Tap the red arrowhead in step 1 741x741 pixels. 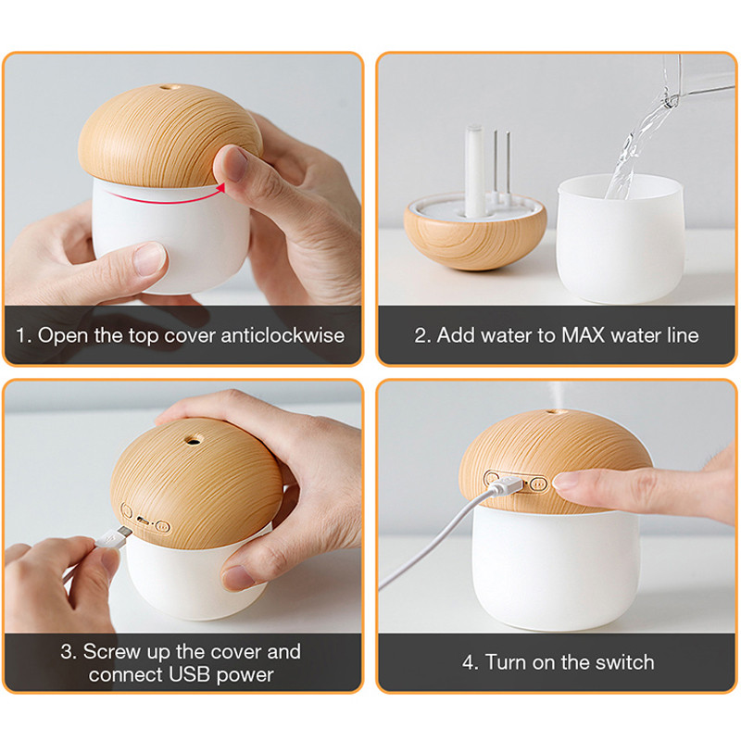pyautogui.click(x=220, y=188)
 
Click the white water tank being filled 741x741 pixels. pyautogui.click(x=620, y=241)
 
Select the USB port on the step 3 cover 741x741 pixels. pyautogui.click(x=143, y=520)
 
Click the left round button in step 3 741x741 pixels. pyautogui.click(x=126, y=510)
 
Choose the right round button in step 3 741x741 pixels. pyautogui.click(x=163, y=526)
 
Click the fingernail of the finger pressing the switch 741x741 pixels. pyautogui.click(x=566, y=482)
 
